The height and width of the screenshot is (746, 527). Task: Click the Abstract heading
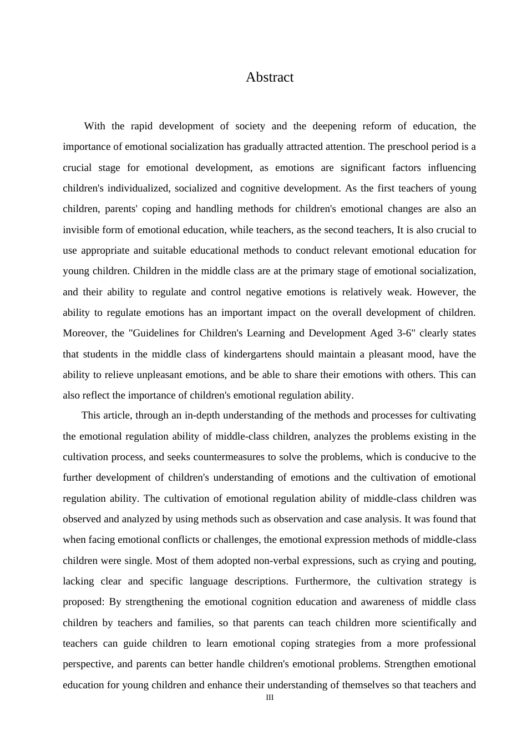(270, 77)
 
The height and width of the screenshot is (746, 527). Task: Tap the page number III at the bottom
(270, 698)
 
